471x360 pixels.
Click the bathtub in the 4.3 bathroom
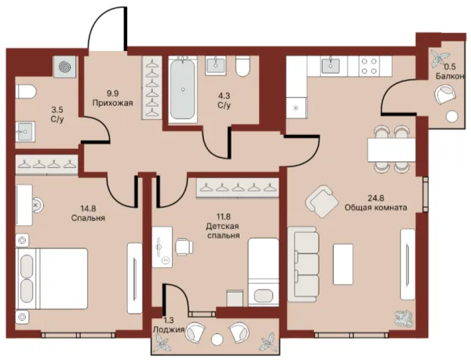182,89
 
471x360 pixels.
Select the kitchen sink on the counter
330,66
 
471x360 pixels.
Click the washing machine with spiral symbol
64,67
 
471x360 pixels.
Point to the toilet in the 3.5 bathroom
26,92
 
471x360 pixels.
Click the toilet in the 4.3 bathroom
243,67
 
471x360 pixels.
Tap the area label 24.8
376,198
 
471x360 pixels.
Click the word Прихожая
112,104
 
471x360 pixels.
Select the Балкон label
450,76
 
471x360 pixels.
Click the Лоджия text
169,329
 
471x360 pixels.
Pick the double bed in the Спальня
51,278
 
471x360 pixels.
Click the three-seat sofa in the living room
302,264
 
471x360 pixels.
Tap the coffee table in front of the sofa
343,264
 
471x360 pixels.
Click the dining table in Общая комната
392,149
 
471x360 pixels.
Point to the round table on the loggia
217,340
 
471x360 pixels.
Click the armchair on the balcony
445,94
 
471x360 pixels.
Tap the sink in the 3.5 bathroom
25,132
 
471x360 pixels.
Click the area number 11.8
224,216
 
